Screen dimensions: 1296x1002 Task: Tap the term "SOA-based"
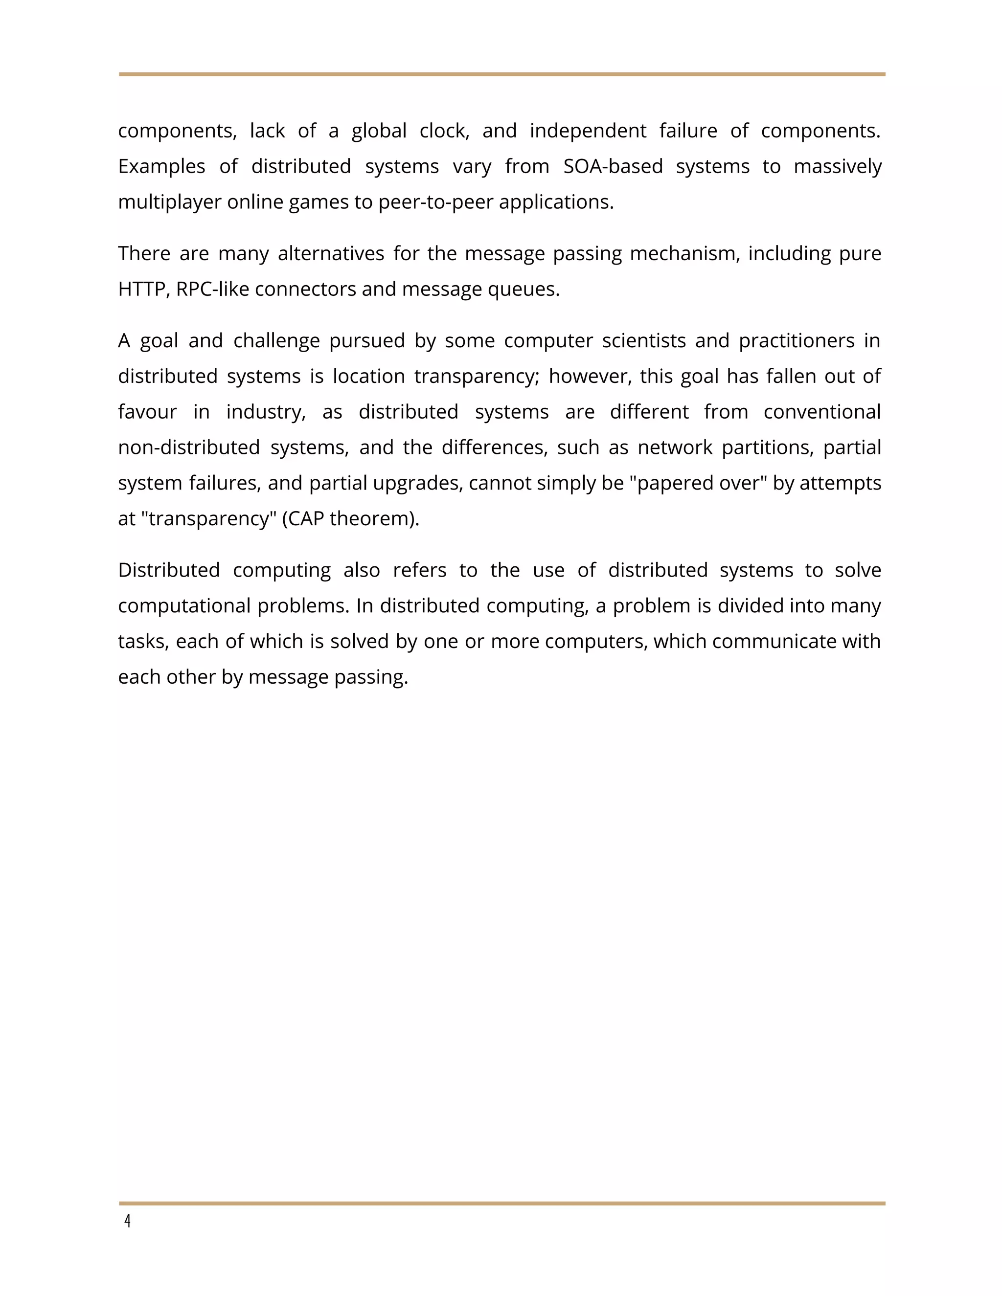click(613, 166)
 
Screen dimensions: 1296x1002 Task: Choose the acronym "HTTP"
click(142, 290)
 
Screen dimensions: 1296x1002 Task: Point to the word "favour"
click(147, 412)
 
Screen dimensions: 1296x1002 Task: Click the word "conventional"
click(821, 412)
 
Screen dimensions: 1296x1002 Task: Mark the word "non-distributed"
click(189, 447)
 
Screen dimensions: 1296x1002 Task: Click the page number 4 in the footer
click(127, 1221)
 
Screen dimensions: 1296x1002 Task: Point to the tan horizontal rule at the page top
click(501, 74)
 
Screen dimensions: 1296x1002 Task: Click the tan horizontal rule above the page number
click(501, 1204)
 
